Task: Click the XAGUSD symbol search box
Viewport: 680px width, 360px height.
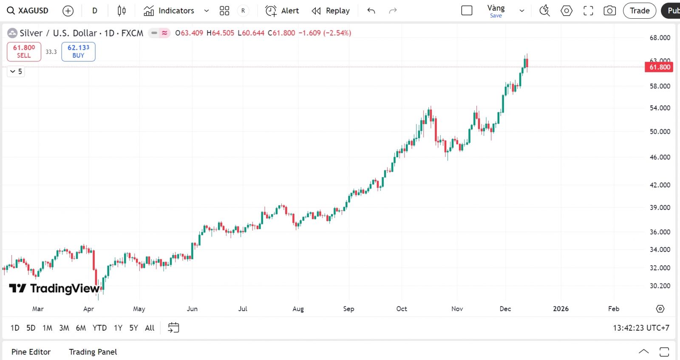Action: pyautogui.click(x=28, y=11)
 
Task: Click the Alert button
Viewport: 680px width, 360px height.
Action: pyautogui.click(x=282, y=11)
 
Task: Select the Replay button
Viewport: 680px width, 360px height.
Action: pyautogui.click(x=331, y=11)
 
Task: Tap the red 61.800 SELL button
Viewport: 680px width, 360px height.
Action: pyautogui.click(x=24, y=51)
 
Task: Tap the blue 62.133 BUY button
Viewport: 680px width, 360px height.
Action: pyautogui.click(x=78, y=51)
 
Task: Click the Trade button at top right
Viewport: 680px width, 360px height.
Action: pyautogui.click(x=639, y=11)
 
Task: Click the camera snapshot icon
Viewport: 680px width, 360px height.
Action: pyautogui.click(x=609, y=11)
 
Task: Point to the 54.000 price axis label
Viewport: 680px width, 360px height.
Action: pyautogui.click(x=660, y=108)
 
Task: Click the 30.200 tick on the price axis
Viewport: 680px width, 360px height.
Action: pyautogui.click(x=660, y=286)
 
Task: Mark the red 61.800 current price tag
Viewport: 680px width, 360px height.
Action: pyautogui.click(x=659, y=67)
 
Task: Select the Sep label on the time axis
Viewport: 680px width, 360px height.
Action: pyautogui.click(x=348, y=309)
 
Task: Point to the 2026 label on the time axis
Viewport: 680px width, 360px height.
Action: pyautogui.click(x=561, y=309)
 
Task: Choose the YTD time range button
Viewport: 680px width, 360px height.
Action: pyautogui.click(x=99, y=328)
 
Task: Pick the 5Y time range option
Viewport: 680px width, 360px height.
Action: pyautogui.click(x=133, y=328)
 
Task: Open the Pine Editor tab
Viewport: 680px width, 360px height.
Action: pyautogui.click(x=31, y=352)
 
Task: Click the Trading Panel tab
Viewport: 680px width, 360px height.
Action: pyautogui.click(x=93, y=352)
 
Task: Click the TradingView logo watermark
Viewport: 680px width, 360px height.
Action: pyautogui.click(x=54, y=289)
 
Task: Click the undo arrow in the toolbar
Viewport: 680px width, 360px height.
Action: pyautogui.click(x=371, y=11)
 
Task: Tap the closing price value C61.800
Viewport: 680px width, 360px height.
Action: pyautogui.click(x=281, y=33)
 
